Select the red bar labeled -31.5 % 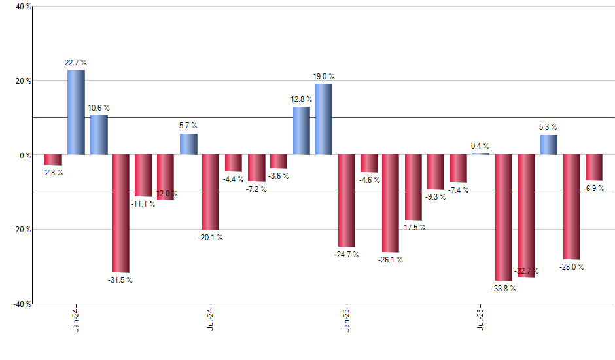[121, 213]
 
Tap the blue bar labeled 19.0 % [324, 119]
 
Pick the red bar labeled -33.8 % [504, 218]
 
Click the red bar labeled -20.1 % [211, 192]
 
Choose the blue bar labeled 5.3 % [549, 145]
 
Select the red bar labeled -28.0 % [571, 207]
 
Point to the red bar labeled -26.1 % [391, 204]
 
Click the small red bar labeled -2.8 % [53, 160]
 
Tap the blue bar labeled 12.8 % [301, 131]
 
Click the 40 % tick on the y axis [23, 7]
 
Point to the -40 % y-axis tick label [21, 304]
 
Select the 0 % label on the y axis [25, 156]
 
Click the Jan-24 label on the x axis [77, 320]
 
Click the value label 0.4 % [480, 146]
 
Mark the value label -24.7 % [347, 254]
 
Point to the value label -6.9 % [594, 188]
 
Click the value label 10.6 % [98, 108]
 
